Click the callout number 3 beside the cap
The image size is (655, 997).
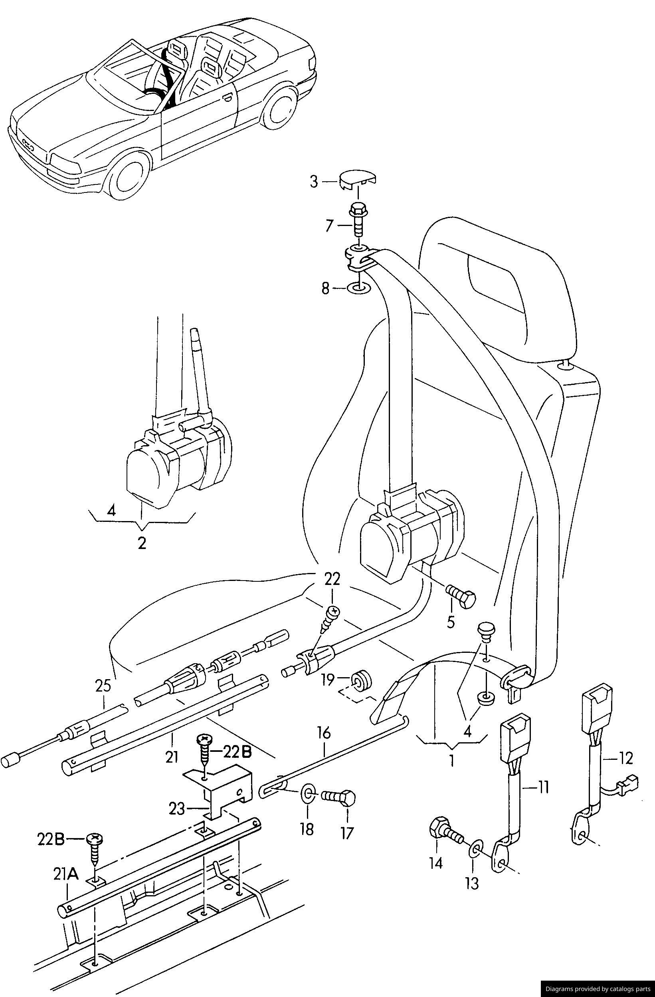click(x=314, y=182)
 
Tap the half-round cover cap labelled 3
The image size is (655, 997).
click(x=357, y=179)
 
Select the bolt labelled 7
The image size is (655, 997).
click(x=357, y=220)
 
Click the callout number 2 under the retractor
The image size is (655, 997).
click(x=142, y=544)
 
